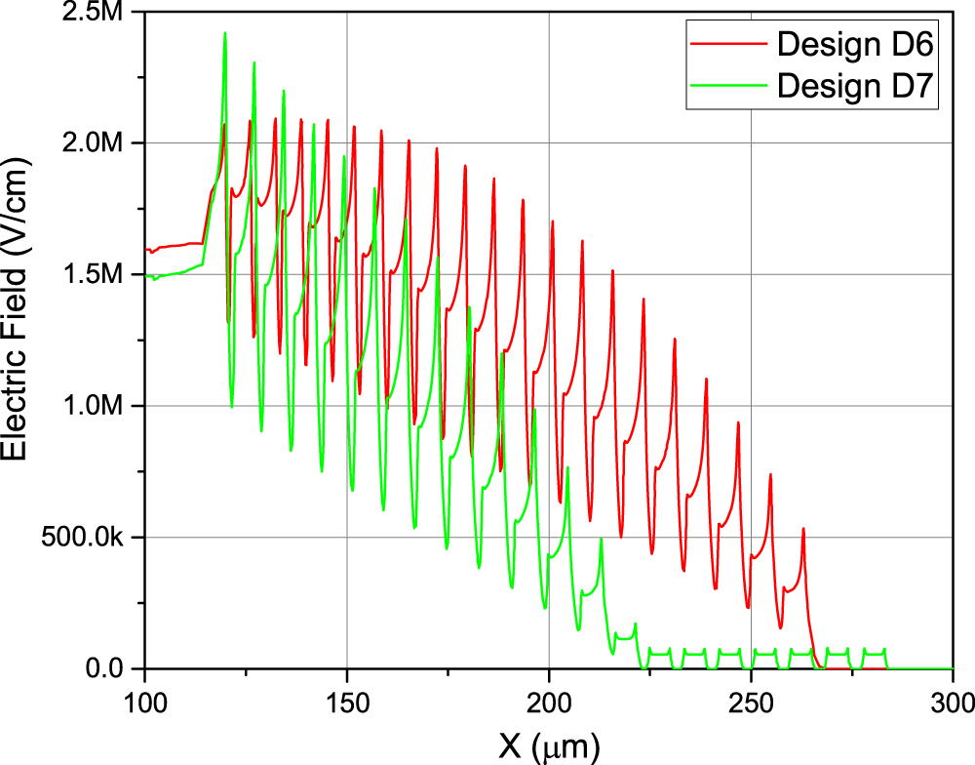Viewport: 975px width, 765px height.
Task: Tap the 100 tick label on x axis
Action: [x=144, y=702]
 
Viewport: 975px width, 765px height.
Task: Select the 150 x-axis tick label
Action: [x=347, y=702]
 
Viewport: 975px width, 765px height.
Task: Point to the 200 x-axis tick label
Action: [x=549, y=702]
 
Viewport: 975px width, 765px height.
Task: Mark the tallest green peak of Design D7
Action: [x=224, y=33]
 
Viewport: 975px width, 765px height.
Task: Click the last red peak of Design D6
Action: [x=803, y=529]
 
